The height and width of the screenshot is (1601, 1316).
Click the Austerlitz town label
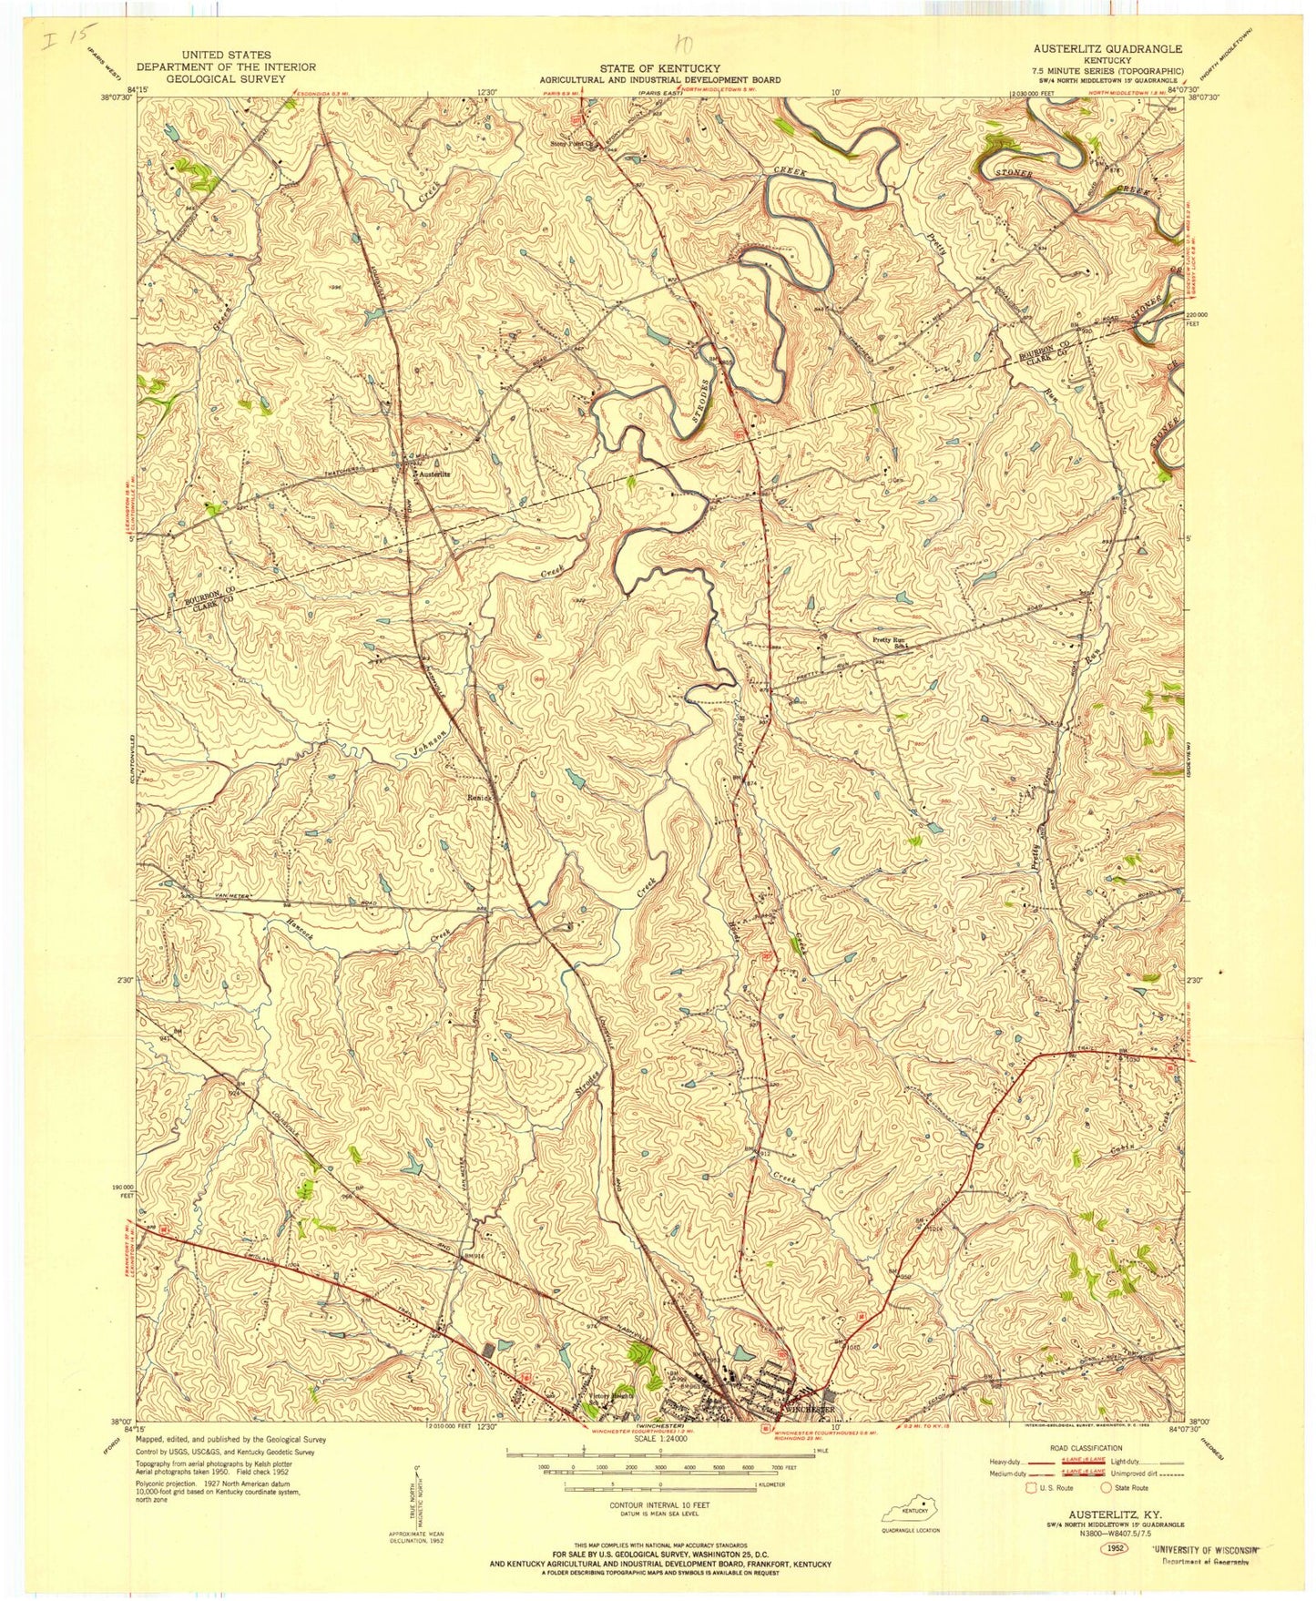(x=433, y=474)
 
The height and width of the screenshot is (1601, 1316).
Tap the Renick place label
(x=480, y=798)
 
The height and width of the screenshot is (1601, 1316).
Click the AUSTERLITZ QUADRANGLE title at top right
(x=1107, y=48)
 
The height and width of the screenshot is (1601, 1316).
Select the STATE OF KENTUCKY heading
(x=659, y=68)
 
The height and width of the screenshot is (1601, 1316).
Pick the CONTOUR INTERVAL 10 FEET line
(x=658, y=1505)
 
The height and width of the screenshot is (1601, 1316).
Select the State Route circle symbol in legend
(x=1107, y=1488)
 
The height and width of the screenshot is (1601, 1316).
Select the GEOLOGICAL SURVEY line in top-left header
(x=226, y=79)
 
